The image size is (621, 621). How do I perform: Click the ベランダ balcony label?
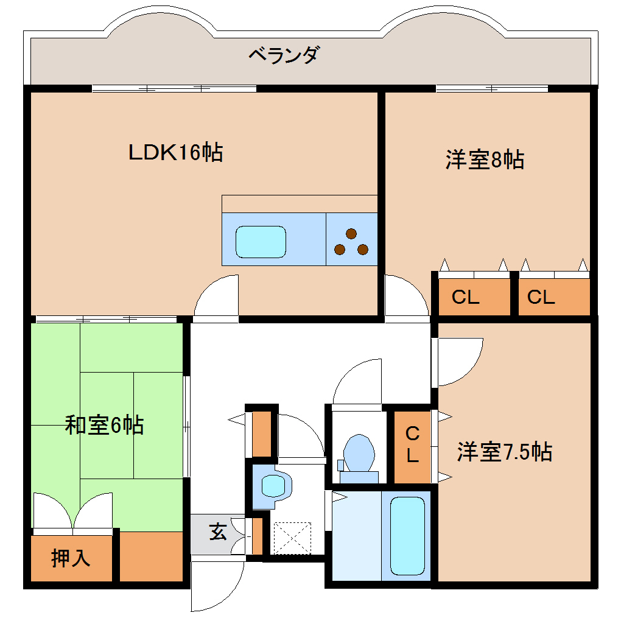283,55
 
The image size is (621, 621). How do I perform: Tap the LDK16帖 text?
175,152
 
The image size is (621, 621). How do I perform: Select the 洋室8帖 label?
485,160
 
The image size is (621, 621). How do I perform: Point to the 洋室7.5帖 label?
505,452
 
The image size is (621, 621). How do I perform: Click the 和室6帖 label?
104,424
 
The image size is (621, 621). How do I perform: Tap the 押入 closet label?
71,558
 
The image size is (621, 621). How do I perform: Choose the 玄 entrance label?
217,533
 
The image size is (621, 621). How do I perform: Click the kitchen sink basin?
261,242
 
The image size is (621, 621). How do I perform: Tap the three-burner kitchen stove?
351,242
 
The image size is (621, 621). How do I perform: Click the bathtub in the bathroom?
407,536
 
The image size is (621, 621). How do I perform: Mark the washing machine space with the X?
292,538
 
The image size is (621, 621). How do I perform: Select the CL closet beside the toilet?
412,445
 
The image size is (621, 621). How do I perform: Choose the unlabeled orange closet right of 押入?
151,556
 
